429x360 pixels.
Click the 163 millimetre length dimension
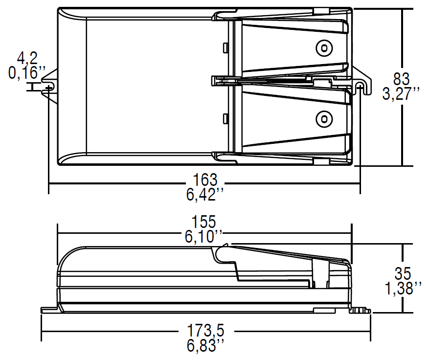(205, 180)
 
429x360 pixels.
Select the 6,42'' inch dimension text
(204, 195)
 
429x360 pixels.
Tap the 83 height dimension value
(402, 79)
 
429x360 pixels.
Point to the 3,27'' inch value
(401, 94)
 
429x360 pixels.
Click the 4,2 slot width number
(27, 58)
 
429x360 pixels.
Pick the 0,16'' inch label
(27, 73)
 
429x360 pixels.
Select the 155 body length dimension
(204, 222)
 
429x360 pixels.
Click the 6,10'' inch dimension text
(203, 237)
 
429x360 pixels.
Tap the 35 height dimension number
(403, 273)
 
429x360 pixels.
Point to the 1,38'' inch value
(403, 288)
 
